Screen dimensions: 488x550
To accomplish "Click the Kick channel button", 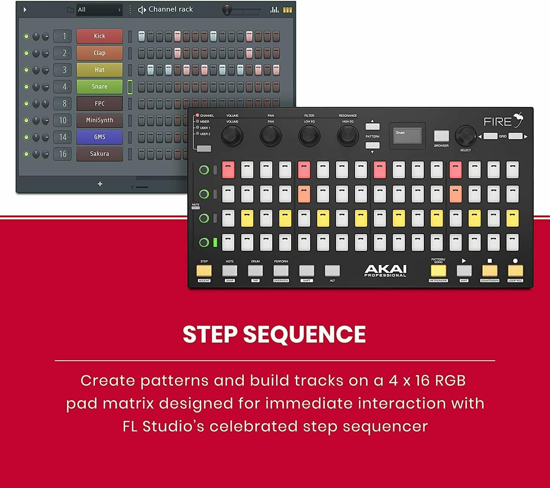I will (x=99, y=36).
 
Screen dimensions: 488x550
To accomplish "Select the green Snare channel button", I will (x=99, y=86).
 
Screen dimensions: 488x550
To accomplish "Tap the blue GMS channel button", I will (x=99, y=137).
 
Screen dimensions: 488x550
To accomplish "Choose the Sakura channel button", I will (x=99, y=154).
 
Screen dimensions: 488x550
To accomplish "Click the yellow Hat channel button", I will (x=99, y=70).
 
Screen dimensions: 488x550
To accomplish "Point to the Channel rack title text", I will (x=170, y=10).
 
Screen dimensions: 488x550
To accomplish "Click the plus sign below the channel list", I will (x=100, y=184).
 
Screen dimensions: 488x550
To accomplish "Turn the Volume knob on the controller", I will (x=232, y=136).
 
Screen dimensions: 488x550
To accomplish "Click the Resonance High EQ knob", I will (x=347, y=136).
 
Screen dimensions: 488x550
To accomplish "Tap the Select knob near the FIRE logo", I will (x=465, y=136).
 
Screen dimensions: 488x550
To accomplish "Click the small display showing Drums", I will (x=407, y=136).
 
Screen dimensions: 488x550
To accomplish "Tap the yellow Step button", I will (x=204, y=271).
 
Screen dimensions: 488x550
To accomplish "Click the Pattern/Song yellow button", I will (x=438, y=271).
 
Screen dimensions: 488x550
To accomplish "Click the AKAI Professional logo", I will (x=385, y=271).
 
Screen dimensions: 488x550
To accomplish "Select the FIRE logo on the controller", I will (x=503, y=121).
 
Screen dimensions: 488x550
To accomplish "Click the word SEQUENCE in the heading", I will (x=304, y=334).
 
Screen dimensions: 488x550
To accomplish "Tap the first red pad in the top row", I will (x=228, y=170).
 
